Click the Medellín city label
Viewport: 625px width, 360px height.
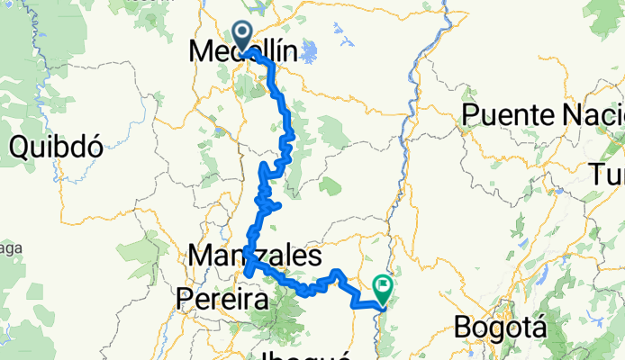pos(243,53)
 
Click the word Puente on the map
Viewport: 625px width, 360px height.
pos(507,114)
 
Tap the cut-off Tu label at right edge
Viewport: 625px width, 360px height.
pos(608,175)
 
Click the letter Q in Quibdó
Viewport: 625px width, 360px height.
pos(20,146)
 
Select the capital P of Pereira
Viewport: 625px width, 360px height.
pos(186,297)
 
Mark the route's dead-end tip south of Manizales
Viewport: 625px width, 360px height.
pos(247,274)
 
